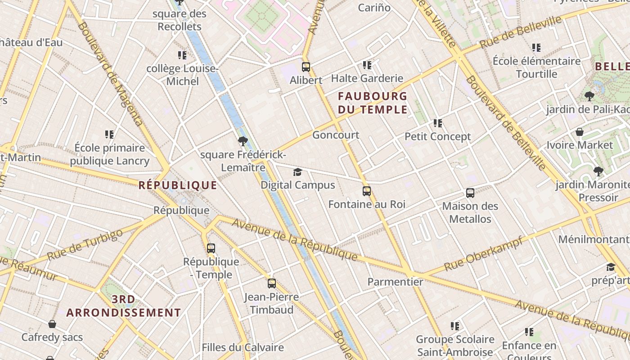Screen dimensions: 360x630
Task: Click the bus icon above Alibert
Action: [306, 67]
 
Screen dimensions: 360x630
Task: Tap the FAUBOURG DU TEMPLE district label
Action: [373, 103]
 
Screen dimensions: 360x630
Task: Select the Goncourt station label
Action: [336, 135]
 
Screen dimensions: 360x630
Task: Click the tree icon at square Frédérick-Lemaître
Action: [243, 141]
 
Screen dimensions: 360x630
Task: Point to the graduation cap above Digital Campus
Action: [297, 172]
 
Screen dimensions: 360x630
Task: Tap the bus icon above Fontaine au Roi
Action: [367, 191]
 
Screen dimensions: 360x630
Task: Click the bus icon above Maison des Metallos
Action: [470, 193]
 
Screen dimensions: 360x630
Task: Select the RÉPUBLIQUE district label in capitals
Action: [178, 185]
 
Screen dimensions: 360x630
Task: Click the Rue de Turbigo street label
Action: [85, 245]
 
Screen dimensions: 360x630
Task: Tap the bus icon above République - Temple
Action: [211, 248]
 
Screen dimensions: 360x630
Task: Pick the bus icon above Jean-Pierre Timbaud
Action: [272, 283]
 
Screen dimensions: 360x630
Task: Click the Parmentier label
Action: [395, 282]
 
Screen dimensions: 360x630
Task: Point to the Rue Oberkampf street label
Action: [483, 253]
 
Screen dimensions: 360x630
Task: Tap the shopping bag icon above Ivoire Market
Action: [580, 132]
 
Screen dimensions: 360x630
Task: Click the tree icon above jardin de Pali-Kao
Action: [589, 96]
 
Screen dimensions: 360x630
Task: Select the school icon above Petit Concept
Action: [437, 123]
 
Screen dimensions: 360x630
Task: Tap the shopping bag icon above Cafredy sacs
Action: [52, 324]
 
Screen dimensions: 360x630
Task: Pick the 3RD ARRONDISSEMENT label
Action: [124, 306]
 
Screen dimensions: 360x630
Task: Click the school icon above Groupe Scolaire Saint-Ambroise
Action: [454, 326]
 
